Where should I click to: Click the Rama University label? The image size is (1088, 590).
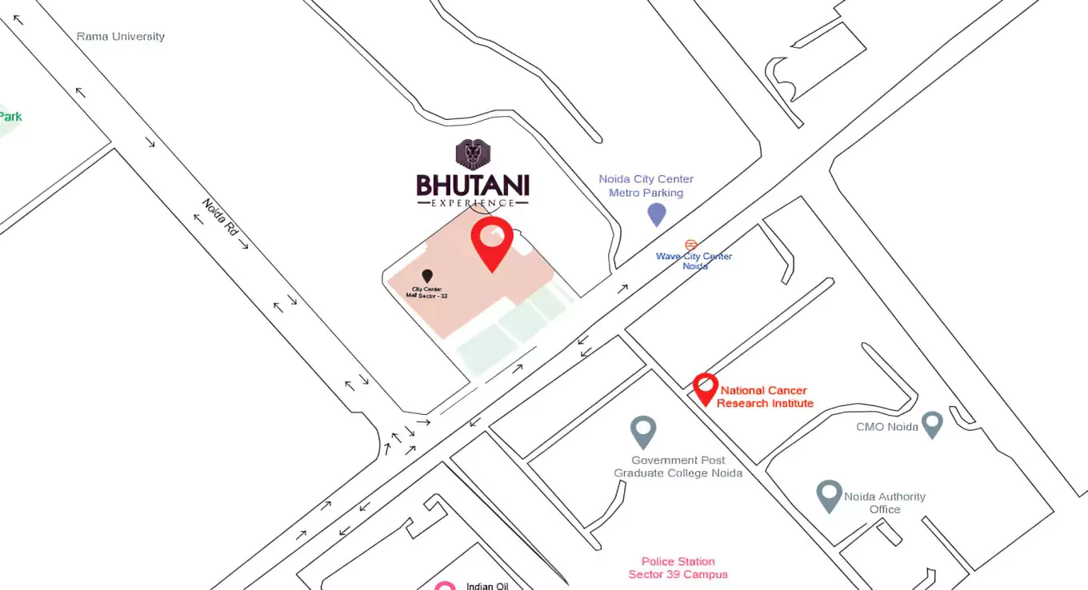coord(121,37)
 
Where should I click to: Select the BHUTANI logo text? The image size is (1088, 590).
coord(472,185)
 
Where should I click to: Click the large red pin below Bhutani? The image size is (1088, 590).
coord(491,242)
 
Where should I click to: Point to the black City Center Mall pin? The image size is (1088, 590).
coord(427,277)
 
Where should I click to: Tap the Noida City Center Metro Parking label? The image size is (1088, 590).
coord(646,185)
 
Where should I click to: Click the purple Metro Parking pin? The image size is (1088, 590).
coord(656,213)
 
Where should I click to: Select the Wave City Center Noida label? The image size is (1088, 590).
coord(694,261)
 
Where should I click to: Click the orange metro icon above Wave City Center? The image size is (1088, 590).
coord(691,245)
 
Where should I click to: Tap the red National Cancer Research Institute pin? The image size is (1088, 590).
coord(705,389)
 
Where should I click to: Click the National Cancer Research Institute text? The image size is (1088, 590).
coord(765,397)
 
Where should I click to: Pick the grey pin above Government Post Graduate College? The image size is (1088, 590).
coord(643,432)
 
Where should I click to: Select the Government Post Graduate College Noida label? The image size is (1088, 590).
coord(678,466)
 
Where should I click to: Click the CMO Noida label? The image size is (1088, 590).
coord(881,427)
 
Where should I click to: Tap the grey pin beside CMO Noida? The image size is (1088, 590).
coord(931,424)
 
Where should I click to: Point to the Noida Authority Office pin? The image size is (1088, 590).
coord(829,496)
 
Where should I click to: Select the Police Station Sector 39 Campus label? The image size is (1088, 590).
coord(678,568)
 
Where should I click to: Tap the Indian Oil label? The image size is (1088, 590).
coord(486,586)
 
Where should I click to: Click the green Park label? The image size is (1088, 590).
coord(10,117)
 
